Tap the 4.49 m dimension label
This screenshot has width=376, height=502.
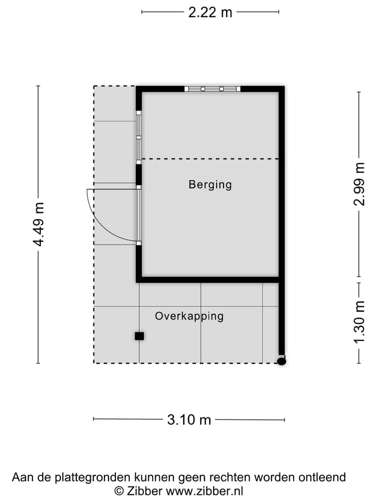[38, 224]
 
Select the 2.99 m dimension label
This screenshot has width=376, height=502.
[359, 185]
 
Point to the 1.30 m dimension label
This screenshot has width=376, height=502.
[359, 323]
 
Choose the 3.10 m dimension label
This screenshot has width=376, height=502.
[189, 419]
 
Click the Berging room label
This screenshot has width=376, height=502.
[210, 185]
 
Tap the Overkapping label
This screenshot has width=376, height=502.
[189, 316]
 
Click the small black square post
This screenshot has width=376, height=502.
[139, 336]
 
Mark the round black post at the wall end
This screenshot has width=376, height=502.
[281, 361]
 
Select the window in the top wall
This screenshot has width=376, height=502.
[212, 89]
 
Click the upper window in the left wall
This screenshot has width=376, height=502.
[139, 137]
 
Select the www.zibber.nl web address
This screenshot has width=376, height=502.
[205, 491]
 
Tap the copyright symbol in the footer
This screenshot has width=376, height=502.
[119, 491]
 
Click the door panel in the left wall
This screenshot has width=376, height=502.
[139, 215]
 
